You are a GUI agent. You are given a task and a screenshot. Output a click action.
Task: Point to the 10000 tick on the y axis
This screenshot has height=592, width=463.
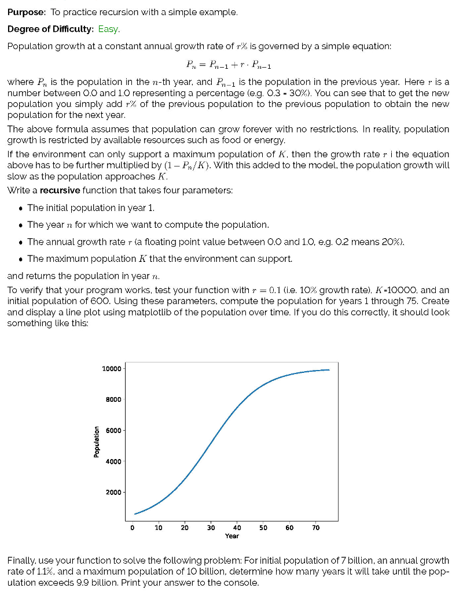click(x=111, y=369)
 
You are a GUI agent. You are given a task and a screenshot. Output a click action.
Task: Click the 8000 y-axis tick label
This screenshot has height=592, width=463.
click(x=113, y=399)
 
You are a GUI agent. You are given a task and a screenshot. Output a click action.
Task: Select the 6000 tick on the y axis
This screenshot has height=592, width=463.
click(x=113, y=430)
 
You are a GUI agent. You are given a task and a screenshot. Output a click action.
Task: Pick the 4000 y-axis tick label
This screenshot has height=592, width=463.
click(x=113, y=461)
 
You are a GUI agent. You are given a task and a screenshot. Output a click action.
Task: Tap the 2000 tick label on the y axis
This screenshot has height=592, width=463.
click(x=113, y=492)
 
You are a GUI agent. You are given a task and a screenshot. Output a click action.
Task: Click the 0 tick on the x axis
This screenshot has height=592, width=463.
click(x=133, y=528)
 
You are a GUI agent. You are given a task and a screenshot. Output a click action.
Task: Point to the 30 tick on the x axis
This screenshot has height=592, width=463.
click(x=211, y=528)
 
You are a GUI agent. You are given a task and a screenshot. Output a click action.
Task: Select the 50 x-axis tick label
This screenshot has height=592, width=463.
click(x=263, y=528)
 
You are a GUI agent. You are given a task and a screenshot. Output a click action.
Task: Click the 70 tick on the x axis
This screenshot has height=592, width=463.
click(x=315, y=528)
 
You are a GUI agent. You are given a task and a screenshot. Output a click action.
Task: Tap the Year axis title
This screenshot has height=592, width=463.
click(x=231, y=536)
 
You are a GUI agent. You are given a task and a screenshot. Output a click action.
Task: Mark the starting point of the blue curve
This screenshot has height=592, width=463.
click(x=135, y=513)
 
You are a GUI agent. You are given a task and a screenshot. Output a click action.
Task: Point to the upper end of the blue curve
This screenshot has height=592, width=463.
click(x=329, y=370)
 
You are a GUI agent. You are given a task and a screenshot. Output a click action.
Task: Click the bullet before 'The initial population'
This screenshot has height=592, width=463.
click(x=21, y=208)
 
